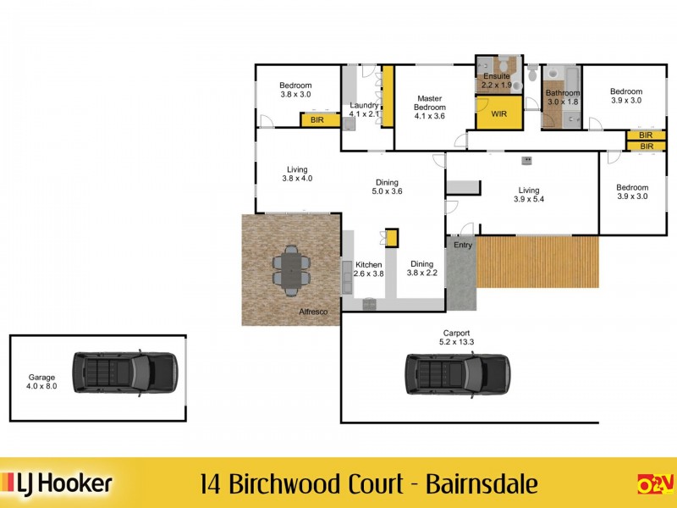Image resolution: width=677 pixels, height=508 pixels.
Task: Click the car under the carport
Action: click(x=457, y=373)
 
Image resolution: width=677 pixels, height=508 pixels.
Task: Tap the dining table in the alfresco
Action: click(x=291, y=269)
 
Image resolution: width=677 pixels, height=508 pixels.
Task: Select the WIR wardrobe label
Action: click(x=498, y=113)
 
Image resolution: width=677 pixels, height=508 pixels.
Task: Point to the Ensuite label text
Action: click(x=496, y=76)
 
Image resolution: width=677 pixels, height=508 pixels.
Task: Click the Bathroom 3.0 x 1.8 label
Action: click(x=562, y=97)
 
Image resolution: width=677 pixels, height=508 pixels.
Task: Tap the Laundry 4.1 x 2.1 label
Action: click(x=363, y=110)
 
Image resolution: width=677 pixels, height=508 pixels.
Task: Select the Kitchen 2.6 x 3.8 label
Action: click(x=369, y=269)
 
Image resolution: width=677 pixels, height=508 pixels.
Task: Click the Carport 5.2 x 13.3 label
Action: click(x=456, y=337)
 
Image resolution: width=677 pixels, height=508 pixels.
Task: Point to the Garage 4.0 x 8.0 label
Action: click(x=41, y=381)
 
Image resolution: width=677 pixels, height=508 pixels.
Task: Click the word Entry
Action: click(x=462, y=246)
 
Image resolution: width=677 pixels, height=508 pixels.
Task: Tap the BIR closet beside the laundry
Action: click(x=316, y=120)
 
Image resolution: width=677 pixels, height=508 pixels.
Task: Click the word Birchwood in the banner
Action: click(x=275, y=484)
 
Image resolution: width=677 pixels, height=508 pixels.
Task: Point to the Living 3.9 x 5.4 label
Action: click(x=528, y=196)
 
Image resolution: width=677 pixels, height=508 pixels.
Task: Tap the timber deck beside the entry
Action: click(x=538, y=261)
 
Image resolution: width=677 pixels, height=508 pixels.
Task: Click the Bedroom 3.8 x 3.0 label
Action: click(x=295, y=90)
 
